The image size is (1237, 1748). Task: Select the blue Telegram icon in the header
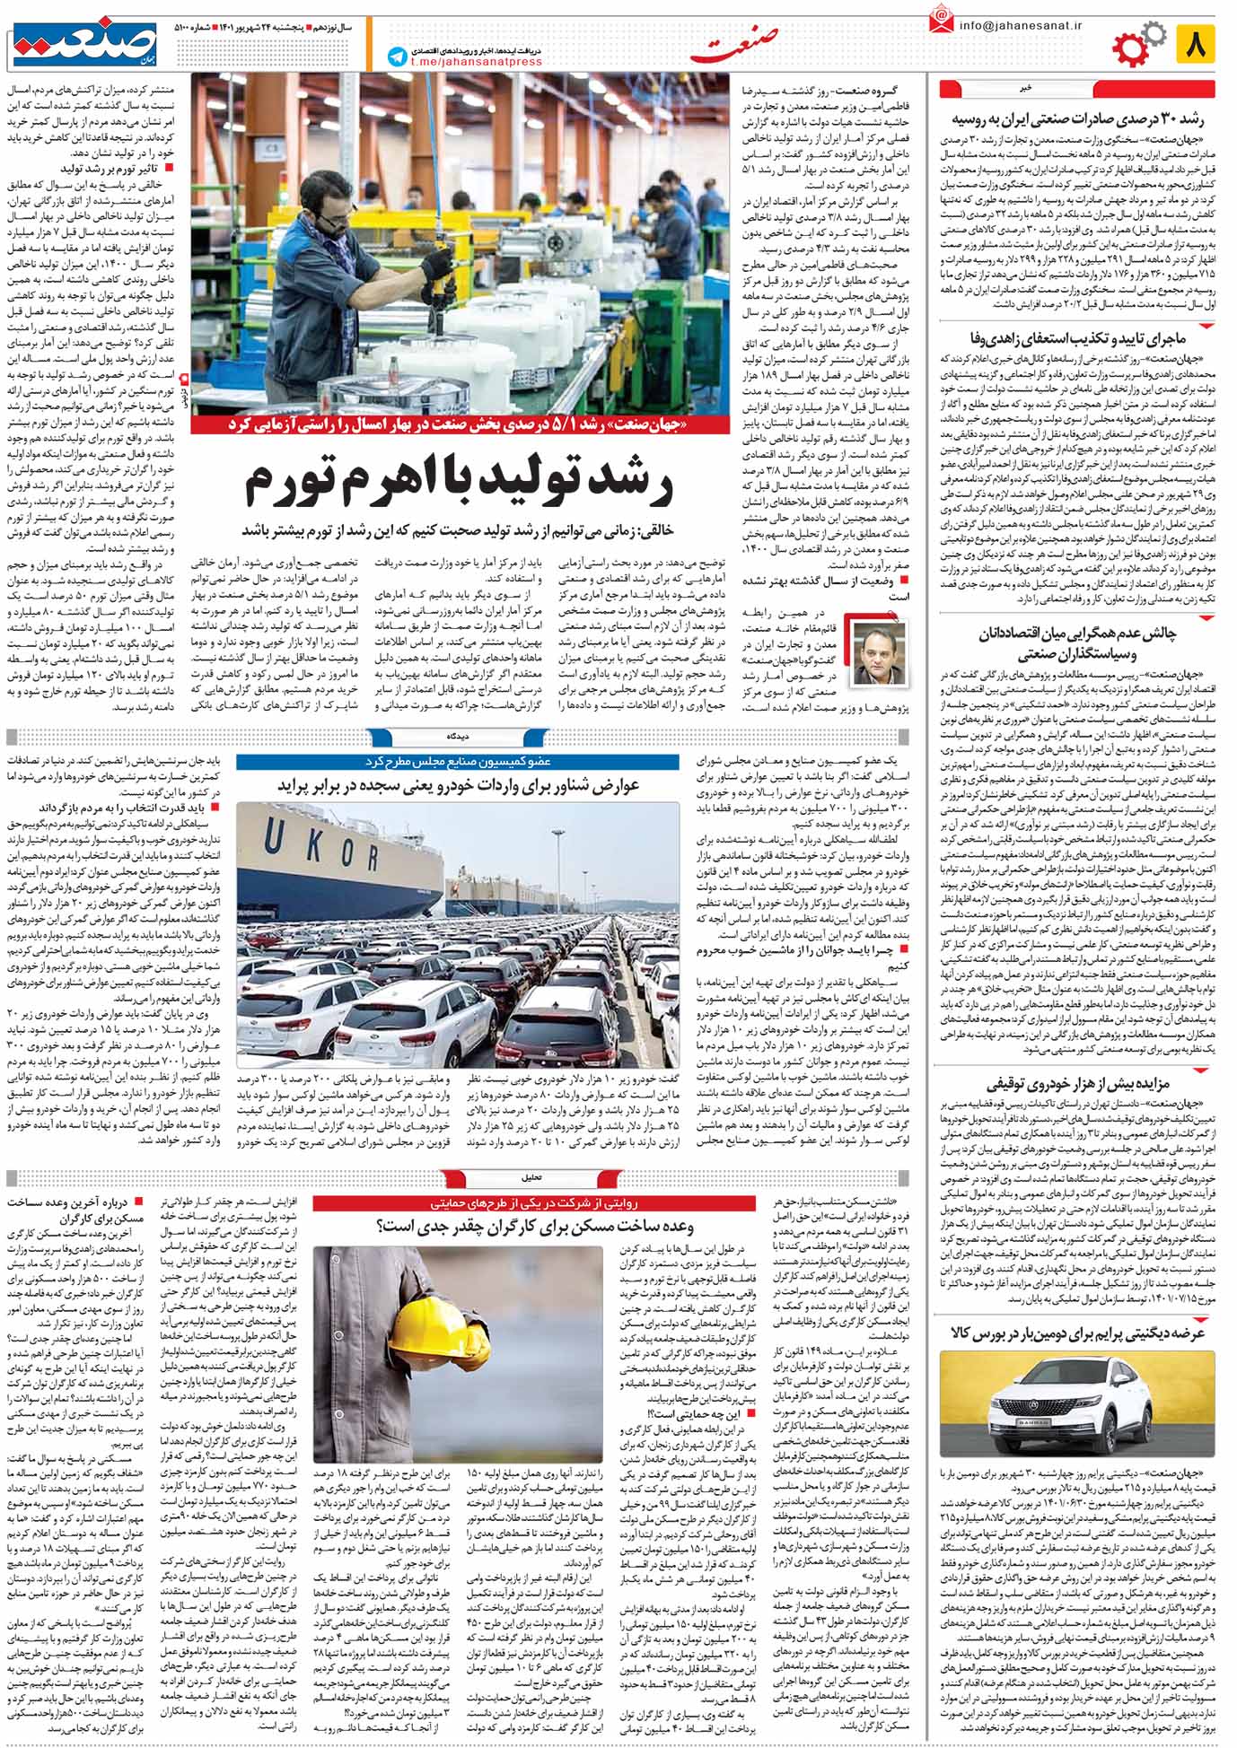pyautogui.click(x=396, y=57)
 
